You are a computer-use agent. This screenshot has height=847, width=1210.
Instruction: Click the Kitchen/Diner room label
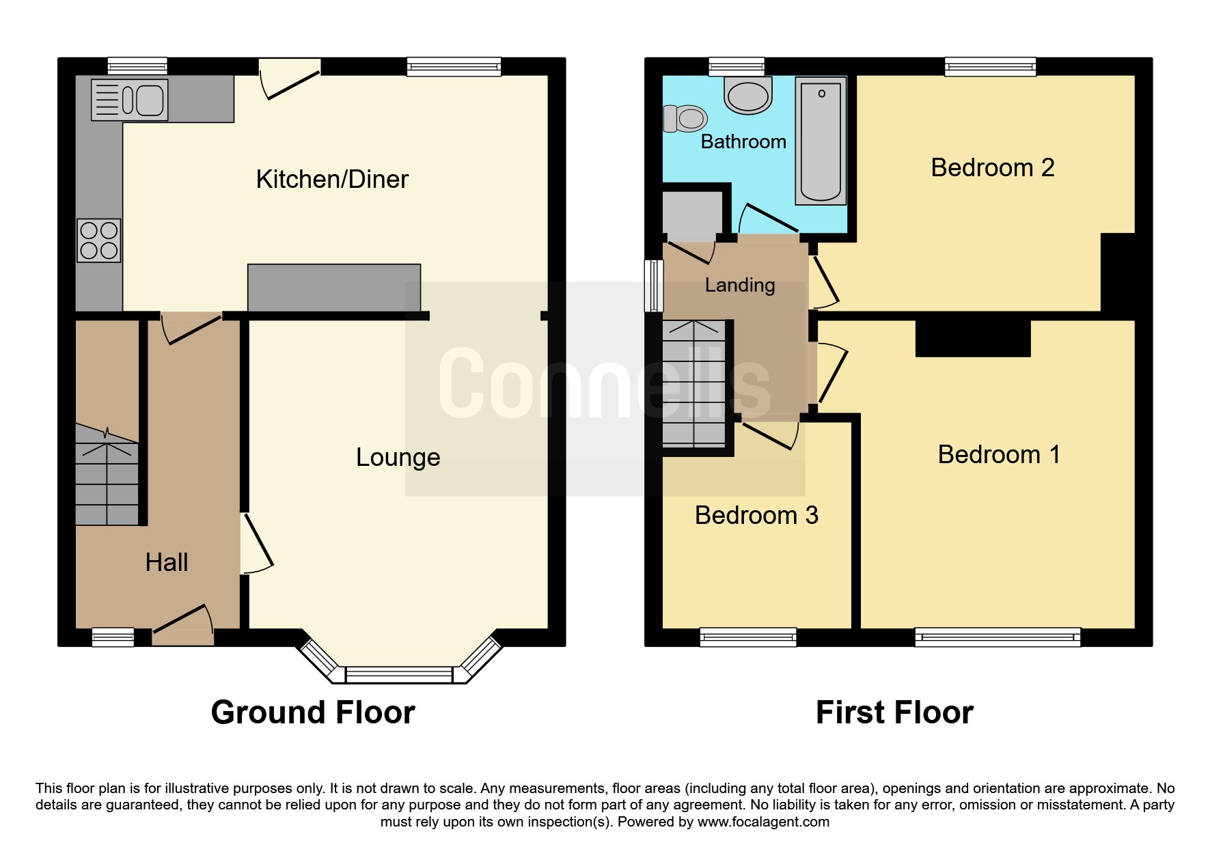[x=332, y=179]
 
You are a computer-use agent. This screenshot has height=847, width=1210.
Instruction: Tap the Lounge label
[x=398, y=457]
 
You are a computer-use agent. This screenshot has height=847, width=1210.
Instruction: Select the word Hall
[x=167, y=562]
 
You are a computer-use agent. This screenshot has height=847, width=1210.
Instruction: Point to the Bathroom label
[x=743, y=141]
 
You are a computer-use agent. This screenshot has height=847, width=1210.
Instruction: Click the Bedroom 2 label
[x=993, y=167]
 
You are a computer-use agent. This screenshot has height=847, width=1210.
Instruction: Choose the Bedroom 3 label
[x=756, y=515]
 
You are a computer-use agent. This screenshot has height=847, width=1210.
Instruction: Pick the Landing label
[x=740, y=285]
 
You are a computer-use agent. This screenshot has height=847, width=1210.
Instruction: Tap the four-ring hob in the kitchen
[x=99, y=240]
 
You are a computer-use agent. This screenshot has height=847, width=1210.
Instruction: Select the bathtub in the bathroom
[x=821, y=141]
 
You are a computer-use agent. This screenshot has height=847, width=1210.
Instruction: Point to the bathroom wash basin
[x=748, y=95]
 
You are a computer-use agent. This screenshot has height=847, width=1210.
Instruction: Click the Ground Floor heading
[x=313, y=712]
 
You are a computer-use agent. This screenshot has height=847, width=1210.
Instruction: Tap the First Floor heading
[x=894, y=712]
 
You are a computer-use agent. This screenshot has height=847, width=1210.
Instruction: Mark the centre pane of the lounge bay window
[x=399, y=675]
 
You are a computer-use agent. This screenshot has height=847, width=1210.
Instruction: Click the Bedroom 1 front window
[x=998, y=637]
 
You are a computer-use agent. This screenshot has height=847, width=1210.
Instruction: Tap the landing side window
[x=654, y=286]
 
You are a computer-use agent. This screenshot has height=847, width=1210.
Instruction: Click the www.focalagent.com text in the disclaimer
[x=763, y=822]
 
